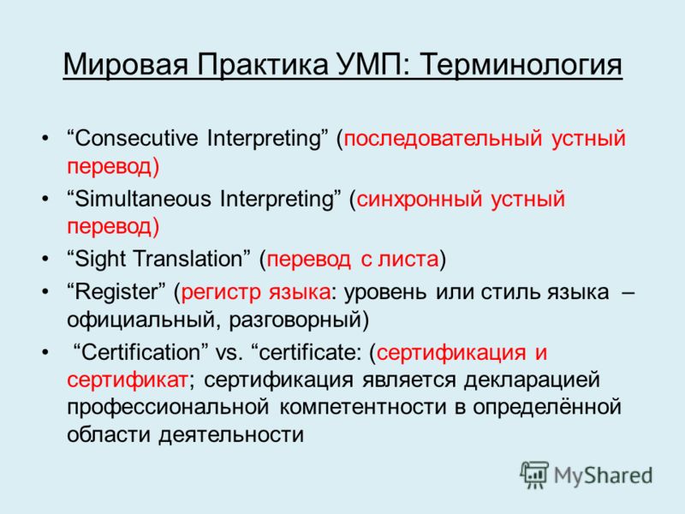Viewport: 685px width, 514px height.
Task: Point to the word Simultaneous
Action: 143,199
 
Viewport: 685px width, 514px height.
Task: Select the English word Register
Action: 116,291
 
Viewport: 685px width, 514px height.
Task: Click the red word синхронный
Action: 420,200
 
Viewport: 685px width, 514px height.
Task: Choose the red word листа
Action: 408,260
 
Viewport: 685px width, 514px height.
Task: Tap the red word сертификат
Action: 127,380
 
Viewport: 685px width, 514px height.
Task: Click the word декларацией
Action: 532,380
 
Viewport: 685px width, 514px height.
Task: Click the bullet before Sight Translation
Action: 45,260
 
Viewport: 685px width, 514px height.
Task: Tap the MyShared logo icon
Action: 534,475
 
